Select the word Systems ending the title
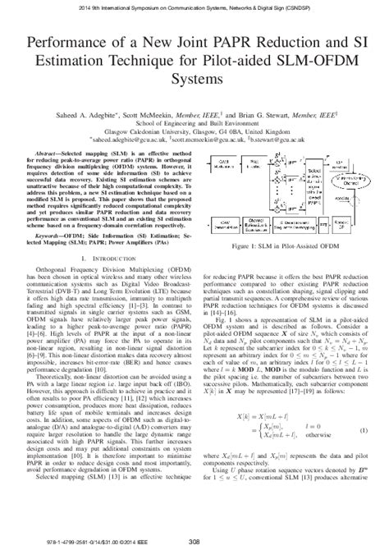point(194,81)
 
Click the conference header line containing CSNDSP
point(194,6)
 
